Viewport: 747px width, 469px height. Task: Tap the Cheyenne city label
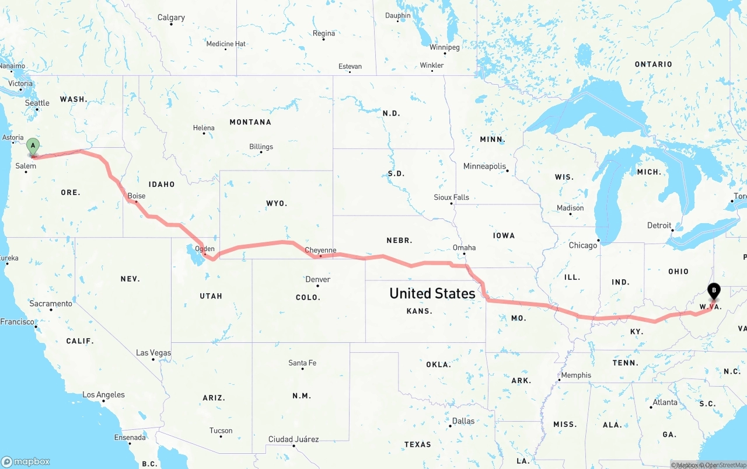point(320,250)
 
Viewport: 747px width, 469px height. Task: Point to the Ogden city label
point(205,248)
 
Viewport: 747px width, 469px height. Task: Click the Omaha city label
point(464,247)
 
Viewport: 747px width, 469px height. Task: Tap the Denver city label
point(318,279)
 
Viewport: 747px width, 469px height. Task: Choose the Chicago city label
point(583,245)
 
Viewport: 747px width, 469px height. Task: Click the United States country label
point(432,293)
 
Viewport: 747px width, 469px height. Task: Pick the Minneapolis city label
point(484,166)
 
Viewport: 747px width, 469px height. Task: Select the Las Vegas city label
point(153,353)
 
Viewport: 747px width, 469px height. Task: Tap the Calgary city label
point(171,18)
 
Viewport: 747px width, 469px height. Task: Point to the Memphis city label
point(576,375)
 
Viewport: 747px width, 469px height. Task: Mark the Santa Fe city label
point(302,363)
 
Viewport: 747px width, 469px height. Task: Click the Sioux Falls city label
point(451,197)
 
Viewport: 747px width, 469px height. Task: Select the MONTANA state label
point(250,122)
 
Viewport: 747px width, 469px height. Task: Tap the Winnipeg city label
point(445,47)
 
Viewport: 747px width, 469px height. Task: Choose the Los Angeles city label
point(103,395)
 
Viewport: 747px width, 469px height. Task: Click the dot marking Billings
point(261,152)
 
